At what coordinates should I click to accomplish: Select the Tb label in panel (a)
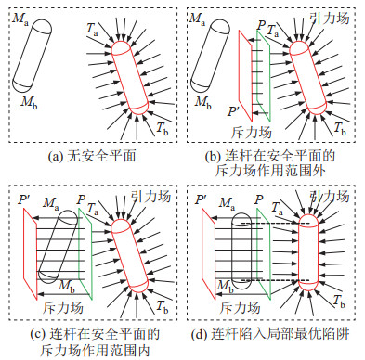[162, 128]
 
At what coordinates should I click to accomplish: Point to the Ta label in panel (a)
[92, 30]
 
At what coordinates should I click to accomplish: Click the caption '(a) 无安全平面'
[92, 156]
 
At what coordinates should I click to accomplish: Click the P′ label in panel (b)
[233, 110]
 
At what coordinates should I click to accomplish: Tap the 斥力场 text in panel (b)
[252, 132]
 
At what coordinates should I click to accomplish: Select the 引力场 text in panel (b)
[330, 18]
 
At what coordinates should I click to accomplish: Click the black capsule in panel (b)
[210, 56]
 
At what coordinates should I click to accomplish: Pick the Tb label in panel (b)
[340, 128]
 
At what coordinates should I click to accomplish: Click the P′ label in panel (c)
[24, 199]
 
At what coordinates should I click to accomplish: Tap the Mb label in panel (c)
[67, 286]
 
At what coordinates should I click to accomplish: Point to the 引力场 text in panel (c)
[150, 196]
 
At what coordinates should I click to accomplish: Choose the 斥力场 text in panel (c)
[63, 308]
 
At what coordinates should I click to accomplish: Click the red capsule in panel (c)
[129, 255]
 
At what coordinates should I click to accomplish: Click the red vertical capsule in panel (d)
[308, 252]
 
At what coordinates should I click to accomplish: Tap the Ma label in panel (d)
[227, 204]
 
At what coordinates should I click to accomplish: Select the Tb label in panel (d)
[339, 301]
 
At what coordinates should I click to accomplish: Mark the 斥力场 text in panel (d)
[241, 308]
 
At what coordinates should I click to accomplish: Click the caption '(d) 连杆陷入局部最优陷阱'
[270, 334]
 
